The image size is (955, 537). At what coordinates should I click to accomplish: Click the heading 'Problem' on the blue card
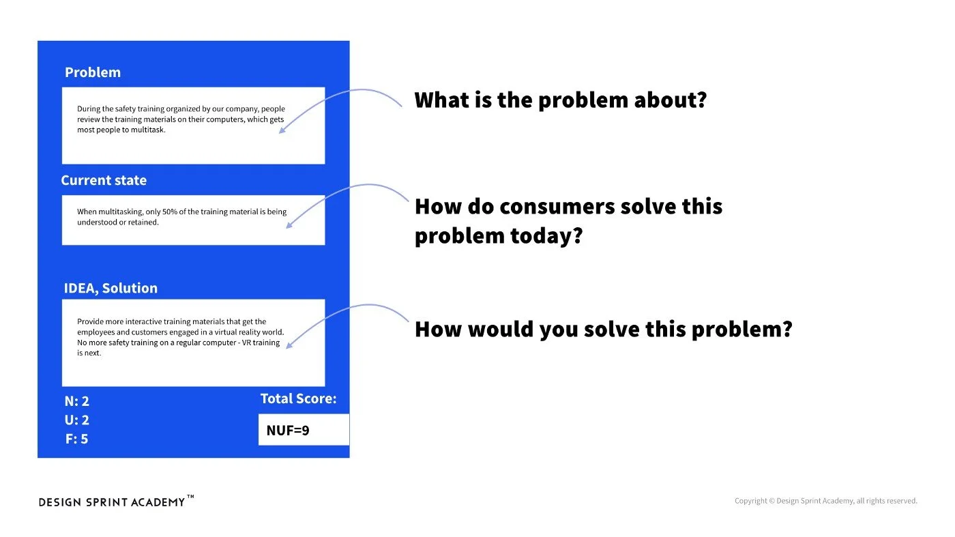pos(92,72)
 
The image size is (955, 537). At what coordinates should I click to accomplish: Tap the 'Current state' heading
pos(104,180)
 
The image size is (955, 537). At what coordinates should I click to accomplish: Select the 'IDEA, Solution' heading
pos(111,288)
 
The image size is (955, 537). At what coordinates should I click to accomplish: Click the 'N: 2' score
pos(77,401)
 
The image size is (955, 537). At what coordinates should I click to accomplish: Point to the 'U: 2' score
pos(77,420)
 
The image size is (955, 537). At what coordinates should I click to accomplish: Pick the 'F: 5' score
pos(77,439)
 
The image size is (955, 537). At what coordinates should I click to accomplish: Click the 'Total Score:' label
pos(298,398)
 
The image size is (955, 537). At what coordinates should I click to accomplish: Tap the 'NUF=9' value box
pos(304,430)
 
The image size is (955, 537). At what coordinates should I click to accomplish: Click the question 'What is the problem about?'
pos(560,100)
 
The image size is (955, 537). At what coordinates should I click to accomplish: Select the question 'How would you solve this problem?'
pos(603,330)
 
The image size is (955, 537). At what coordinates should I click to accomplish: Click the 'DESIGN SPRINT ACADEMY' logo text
pos(112,502)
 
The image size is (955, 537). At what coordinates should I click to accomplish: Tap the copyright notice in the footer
pos(825,501)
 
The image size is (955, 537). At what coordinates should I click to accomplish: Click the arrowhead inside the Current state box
pos(289,224)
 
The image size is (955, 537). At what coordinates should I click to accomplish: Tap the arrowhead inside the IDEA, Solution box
pos(289,345)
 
